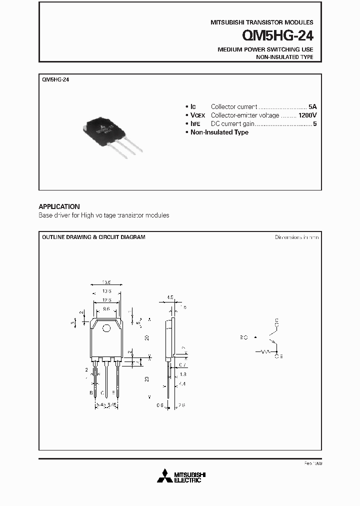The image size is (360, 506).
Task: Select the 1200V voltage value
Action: pyautogui.click(x=307, y=115)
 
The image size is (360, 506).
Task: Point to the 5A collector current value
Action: pyautogui.click(x=312, y=106)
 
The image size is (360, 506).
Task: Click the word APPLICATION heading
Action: pyautogui.click(x=59, y=206)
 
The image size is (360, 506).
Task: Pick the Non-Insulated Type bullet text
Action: pyautogui.click(x=219, y=132)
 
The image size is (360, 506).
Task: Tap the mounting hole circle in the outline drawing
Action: pyautogui.click(x=106, y=328)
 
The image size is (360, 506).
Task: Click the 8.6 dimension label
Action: pyautogui.click(x=106, y=309)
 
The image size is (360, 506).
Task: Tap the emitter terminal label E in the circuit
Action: pyautogui.click(x=279, y=356)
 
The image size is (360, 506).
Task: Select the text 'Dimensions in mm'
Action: pyautogui.click(x=296, y=237)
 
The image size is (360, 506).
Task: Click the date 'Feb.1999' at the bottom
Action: pyautogui.click(x=312, y=464)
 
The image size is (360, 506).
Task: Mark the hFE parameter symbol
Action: pyautogui.click(x=193, y=123)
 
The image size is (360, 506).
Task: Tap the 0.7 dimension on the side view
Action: pyautogui.click(x=183, y=365)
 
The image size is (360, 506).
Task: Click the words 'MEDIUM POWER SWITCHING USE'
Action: pyautogui.click(x=265, y=49)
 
